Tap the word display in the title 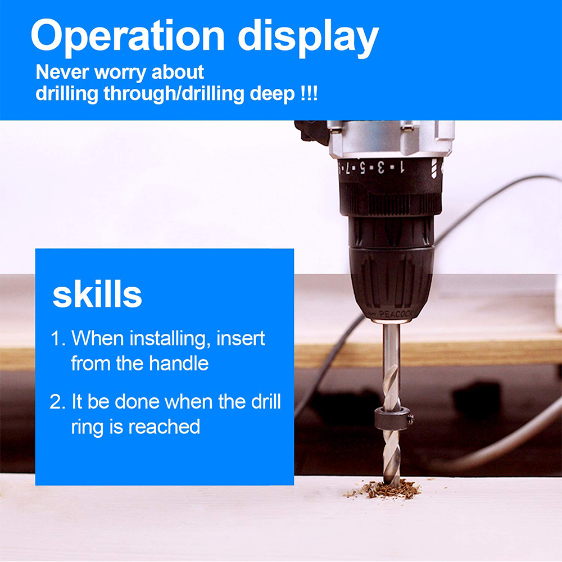pos(309,37)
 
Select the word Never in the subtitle pos(62,72)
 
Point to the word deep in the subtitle pos(272,94)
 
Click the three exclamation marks pos(309,93)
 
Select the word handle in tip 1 pos(179,363)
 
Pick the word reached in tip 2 pos(164,427)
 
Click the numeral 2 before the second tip pos(56,402)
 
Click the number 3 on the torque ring pos(380,167)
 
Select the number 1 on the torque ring pos(401,167)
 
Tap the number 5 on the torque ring pos(362,167)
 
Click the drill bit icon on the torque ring pos(434,169)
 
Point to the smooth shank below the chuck pos(391,344)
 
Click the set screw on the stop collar pos(410,419)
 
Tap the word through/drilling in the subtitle pos(174,94)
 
